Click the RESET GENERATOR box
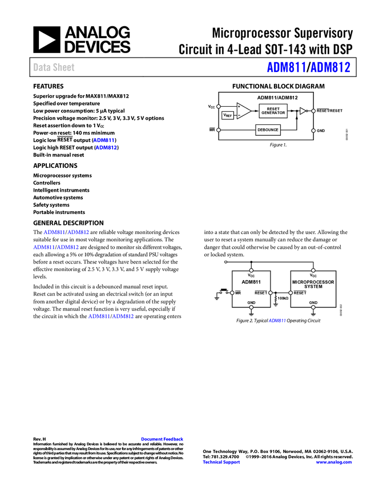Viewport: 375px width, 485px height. pyautogui.click(x=273, y=111)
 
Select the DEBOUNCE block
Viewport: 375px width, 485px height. pyautogui.click(x=268, y=130)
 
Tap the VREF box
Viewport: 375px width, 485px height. pyautogui.click(x=227, y=115)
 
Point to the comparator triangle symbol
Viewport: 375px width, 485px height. pyautogui.click(x=243, y=111)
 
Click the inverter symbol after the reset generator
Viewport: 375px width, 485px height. pyautogui.click(x=303, y=111)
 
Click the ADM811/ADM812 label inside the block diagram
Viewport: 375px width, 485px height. pyautogui.click(x=277, y=98)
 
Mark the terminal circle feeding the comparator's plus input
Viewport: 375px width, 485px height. pyautogui.click(x=219, y=106)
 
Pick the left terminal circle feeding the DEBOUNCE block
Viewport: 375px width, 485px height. pyautogui.click(x=219, y=130)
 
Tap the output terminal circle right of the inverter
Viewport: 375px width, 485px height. pyautogui.click(x=313, y=111)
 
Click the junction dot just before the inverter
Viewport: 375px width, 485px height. pyautogui.click(x=296, y=111)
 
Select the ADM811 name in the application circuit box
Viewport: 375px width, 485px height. pyautogui.click(x=251, y=282)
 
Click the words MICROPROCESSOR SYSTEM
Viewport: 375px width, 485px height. pyautogui.click(x=313, y=284)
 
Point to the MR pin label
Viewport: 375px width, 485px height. pyautogui.click(x=238, y=293)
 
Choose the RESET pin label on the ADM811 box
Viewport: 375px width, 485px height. pyautogui.click(x=261, y=293)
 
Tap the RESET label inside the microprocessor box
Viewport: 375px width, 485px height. pyautogui.click(x=300, y=293)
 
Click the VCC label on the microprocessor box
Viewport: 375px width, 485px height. pyautogui.click(x=313, y=275)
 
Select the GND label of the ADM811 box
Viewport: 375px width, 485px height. pyautogui.click(x=251, y=302)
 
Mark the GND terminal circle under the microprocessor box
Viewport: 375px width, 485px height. pyautogui.click(x=313, y=308)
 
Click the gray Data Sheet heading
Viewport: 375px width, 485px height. pyautogui.click(x=54, y=68)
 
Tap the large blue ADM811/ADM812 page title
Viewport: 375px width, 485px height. pyautogui.click(x=308, y=68)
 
